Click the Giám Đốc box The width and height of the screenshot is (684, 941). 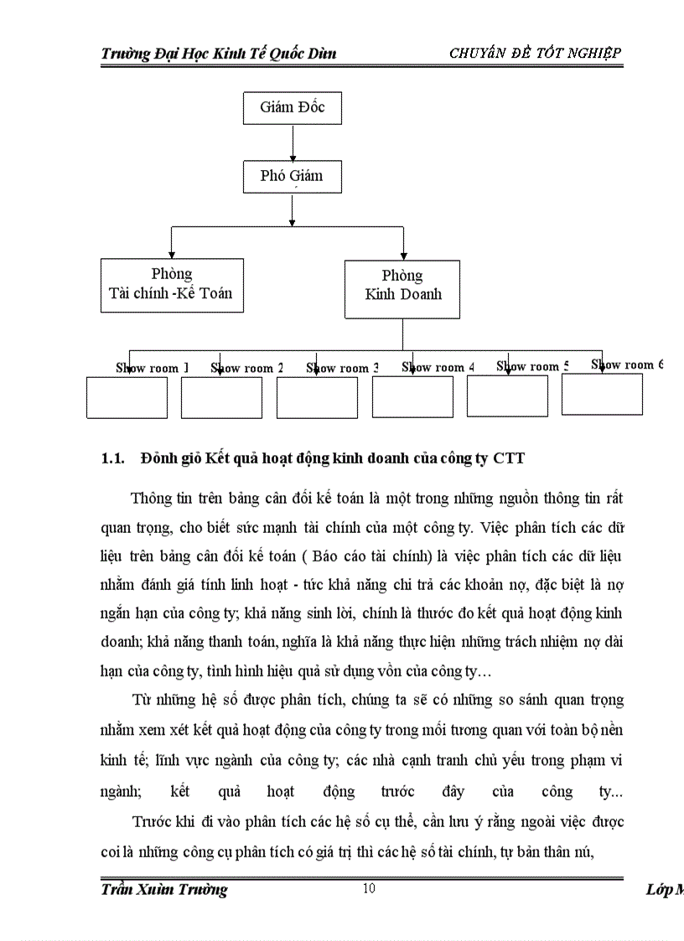click(292, 108)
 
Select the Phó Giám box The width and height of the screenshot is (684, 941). click(292, 177)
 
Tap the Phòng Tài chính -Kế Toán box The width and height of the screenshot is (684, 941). click(172, 285)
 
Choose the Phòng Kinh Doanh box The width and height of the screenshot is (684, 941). click(402, 288)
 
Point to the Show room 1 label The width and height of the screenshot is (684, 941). click(152, 368)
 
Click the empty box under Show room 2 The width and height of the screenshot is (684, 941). click(221, 398)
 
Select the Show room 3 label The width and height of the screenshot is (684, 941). click(342, 368)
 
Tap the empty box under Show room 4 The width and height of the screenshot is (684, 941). click(412, 398)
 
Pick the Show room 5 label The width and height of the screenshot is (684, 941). click(532, 366)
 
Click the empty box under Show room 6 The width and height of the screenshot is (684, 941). click(602, 395)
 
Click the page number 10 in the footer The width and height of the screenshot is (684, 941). click(369, 889)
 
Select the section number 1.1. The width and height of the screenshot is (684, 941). click(112, 458)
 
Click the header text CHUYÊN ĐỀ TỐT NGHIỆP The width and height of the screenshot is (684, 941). click(535, 54)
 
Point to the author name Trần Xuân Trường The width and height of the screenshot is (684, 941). click(163, 890)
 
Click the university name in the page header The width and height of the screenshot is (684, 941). click(218, 54)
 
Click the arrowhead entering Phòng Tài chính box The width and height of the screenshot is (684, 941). click(172, 254)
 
